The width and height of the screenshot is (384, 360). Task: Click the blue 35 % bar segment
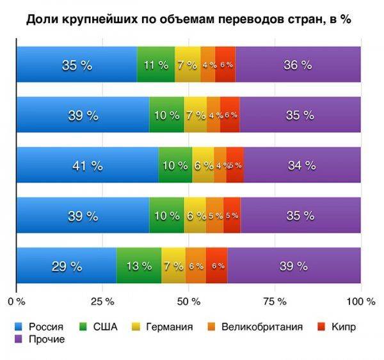pyautogui.click(x=77, y=65)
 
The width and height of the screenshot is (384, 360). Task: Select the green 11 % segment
pyautogui.click(x=156, y=65)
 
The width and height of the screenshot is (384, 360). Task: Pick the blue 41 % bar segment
pyautogui.click(x=87, y=165)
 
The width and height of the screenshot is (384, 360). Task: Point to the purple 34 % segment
pyautogui.click(x=302, y=165)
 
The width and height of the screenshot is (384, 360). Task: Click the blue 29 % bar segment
pyautogui.click(x=67, y=266)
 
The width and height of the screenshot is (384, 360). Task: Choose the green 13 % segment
pyautogui.click(x=139, y=266)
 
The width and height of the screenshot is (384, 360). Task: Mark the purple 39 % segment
pyautogui.click(x=294, y=266)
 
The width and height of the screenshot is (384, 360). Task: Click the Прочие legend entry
pyautogui.click(x=41, y=339)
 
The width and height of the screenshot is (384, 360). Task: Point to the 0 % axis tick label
pyautogui.click(x=16, y=301)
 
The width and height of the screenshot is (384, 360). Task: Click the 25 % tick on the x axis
pyautogui.click(x=102, y=301)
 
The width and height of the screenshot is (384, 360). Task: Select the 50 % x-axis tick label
pyautogui.click(x=189, y=301)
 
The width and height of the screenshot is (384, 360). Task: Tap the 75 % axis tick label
pyautogui.click(x=275, y=301)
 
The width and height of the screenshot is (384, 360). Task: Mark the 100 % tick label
pyautogui.click(x=360, y=301)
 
